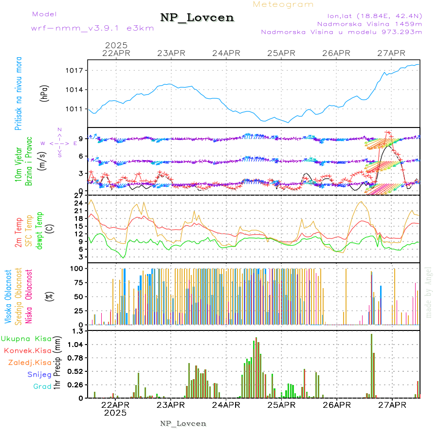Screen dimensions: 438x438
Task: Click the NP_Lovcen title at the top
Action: [x=197, y=18]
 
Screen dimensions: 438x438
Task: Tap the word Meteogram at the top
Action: [x=283, y=4]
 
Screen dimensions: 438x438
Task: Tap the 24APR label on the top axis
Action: [x=226, y=53]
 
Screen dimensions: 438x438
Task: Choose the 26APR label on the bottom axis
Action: [x=336, y=404]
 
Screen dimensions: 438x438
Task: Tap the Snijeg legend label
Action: [x=39, y=375]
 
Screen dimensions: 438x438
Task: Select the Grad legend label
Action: [x=42, y=387]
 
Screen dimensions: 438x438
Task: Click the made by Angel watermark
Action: [x=429, y=292]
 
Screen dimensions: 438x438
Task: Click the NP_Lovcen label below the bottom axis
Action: [x=183, y=423]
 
